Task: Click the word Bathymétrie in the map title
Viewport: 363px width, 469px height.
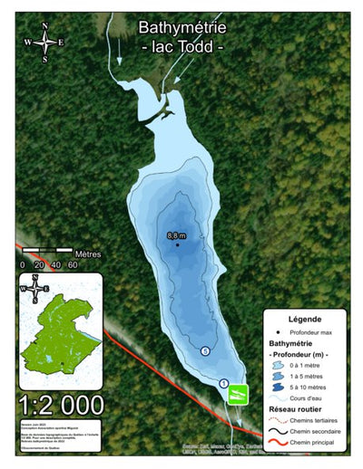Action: click(x=181, y=29)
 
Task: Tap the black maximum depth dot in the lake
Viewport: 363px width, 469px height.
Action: click(x=177, y=244)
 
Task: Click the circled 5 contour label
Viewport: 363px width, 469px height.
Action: click(x=205, y=350)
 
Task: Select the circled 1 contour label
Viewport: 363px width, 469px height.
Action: click(x=224, y=383)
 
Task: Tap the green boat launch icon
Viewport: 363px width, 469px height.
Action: click(x=238, y=395)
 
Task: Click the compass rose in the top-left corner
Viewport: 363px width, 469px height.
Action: click(x=43, y=42)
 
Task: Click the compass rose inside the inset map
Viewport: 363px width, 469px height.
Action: click(x=34, y=289)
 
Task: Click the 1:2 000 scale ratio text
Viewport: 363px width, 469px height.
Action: click(x=61, y=403)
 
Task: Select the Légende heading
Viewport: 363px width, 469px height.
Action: click(x=304, y=320)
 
